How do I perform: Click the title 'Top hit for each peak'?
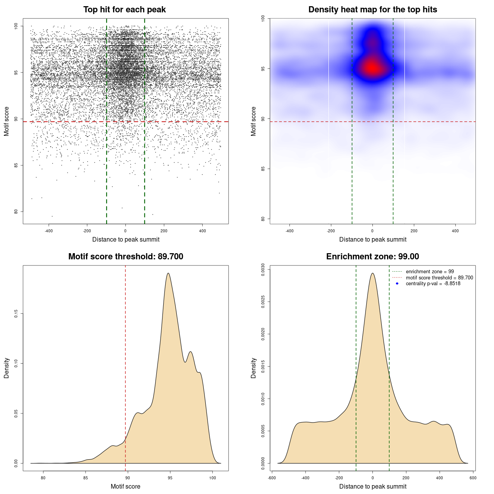tap(124, 10)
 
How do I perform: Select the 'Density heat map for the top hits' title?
tap(372, 10)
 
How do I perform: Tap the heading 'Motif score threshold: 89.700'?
tap(125, 257)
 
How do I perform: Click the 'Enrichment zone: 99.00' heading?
tap(372, 257)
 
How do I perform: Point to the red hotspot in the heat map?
tap(372, 68)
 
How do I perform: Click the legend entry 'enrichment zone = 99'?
tap(430, 272)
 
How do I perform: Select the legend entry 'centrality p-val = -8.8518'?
tap(433, 284)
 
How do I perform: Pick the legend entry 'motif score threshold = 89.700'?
tap(439, 278)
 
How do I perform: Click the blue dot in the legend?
tap(397, 284)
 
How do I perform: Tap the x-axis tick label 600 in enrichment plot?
tap(473, 478)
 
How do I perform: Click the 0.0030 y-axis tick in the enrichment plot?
tap(263, 269)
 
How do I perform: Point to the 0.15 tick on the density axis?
tap(16, 314)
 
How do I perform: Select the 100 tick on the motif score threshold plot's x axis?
tap(213, 478)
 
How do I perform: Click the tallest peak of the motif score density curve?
tap(168, 273)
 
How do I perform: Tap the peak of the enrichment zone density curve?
tap(372, 273)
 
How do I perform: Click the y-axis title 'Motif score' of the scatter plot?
tap(7, 122)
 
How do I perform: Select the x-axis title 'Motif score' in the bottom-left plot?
tap(125, 486)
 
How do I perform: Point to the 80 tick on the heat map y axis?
tap(263, 219)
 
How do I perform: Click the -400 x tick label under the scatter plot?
tap(49, 231)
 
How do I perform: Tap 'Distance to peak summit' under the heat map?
tap(372, 239)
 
